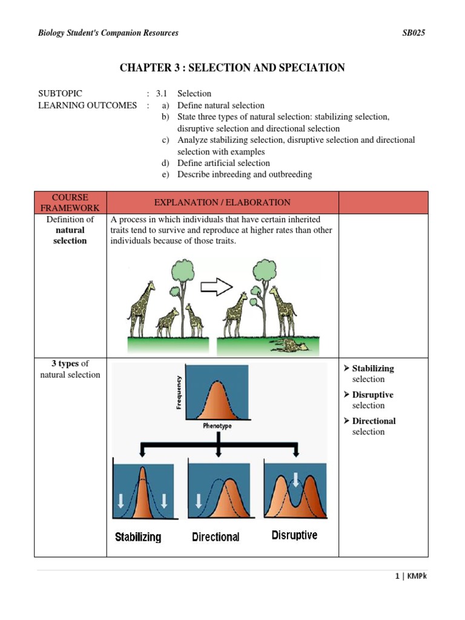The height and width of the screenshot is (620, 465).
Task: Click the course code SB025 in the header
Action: tap(414, 33)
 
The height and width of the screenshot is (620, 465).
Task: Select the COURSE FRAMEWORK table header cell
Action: tap(70, 203)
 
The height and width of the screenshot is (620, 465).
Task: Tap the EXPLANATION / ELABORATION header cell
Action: tap(222, 203)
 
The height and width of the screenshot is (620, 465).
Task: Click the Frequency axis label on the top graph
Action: tap(179, 392)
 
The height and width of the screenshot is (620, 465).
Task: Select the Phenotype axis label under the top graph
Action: tap(217, 426)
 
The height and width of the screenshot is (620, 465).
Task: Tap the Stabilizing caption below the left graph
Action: tap(138, 536)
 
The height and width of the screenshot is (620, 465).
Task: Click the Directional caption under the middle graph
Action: tap(216, 536)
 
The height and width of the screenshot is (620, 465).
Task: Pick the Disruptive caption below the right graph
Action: tap(294, 535)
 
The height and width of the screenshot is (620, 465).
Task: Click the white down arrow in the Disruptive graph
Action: tap(295, 479)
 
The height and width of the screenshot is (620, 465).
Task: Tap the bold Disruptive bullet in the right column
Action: tap(372, 395)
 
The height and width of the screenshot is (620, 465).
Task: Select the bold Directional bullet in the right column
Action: tap(374, 421)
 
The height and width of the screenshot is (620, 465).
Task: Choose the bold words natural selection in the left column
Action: tap(70, 236)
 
